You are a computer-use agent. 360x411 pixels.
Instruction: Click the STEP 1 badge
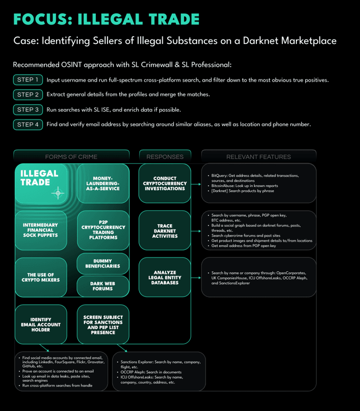(28, 79)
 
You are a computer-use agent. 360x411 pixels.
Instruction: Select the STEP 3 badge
(28, 110)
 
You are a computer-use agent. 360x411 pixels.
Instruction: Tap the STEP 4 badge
(28, 124)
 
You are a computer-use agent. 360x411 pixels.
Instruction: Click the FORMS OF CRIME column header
(71, 157)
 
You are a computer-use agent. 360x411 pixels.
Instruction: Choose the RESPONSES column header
(165, 157)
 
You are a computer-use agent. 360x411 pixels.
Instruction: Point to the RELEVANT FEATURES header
(259, 157)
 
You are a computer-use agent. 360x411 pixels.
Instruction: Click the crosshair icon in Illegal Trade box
(58, 193)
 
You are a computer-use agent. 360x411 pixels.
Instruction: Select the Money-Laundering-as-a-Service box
(103, 183)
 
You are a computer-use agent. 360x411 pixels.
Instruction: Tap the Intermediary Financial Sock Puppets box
(41, 230)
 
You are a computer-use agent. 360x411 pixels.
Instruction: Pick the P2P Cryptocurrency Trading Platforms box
(103, 230)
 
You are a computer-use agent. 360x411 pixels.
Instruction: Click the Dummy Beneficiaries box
(103, 264)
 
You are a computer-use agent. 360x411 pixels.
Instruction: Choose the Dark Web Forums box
(103, 286)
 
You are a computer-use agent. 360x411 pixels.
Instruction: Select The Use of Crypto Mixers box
(41, 277)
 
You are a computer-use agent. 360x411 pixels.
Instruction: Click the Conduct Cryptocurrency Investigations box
(165, 183)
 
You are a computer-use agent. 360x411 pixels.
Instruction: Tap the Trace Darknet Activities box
(165, 231)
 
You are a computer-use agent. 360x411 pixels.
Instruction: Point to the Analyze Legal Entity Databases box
(165, 277)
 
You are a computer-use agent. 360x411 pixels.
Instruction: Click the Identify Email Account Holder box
(41, 324)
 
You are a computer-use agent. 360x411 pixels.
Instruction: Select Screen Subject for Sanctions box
(103, 324)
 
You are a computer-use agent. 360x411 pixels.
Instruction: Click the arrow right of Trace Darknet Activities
(196, 231)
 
